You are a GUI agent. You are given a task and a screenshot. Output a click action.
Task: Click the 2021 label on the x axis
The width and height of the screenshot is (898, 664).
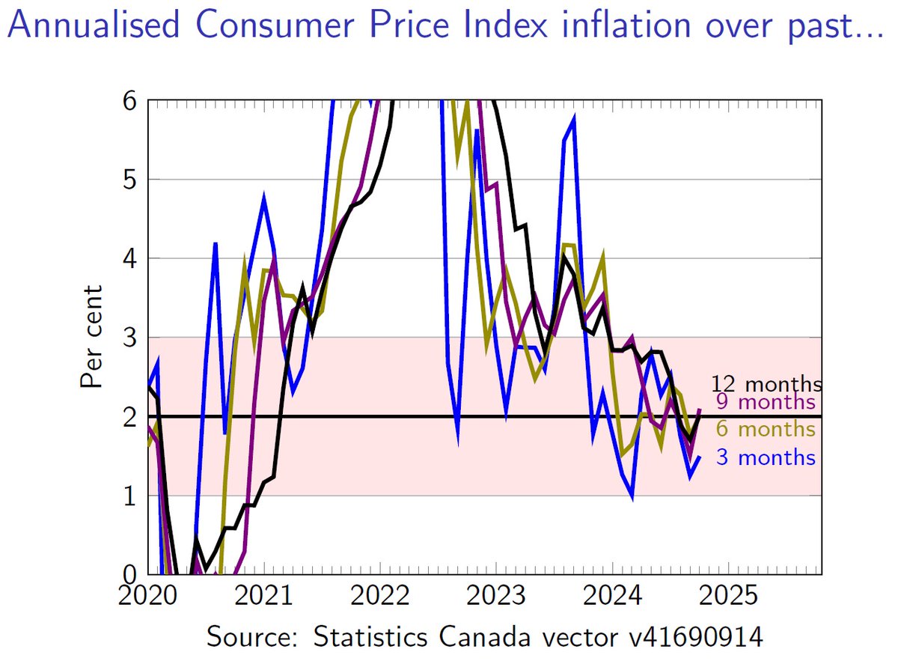pos(263,597)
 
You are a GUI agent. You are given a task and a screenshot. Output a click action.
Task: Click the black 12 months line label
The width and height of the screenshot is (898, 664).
pos(766,384)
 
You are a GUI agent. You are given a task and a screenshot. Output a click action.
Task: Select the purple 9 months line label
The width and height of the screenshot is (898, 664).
pos(764,402)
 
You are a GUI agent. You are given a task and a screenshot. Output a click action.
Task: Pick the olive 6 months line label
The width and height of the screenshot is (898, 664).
pos(764,429)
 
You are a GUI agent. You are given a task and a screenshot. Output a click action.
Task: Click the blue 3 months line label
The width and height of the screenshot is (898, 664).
pos(766,457)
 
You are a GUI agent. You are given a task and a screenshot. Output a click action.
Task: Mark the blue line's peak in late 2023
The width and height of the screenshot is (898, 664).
pos(573,118)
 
